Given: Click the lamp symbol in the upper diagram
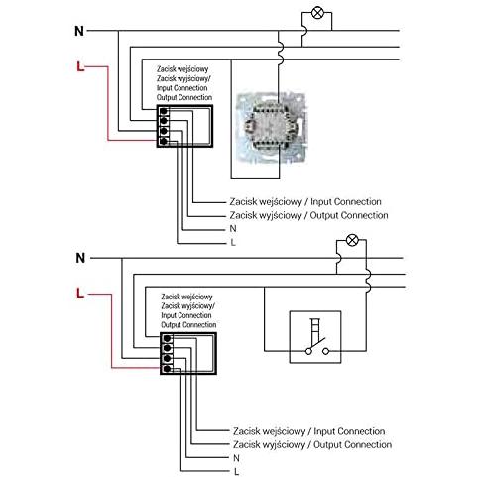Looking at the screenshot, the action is (x=317, y=13).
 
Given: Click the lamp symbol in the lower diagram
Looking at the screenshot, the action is (x=352, y=240).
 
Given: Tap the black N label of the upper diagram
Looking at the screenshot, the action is (x=79, y=31).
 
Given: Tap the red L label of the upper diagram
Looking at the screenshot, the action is (x=80, y=66).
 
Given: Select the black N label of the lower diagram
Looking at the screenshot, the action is (x=80, y=258).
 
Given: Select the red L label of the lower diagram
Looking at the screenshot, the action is (x=80, y=293).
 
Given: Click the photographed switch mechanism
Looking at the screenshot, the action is (x=271, y=127).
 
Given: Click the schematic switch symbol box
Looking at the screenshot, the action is (x=315, y=337).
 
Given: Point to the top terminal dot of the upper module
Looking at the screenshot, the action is (x=163, y=111).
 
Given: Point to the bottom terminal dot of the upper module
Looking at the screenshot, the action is (x=163, y=141).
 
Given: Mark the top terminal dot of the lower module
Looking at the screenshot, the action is (x=167, y=338).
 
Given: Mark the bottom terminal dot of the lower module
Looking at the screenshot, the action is (x=167, y=369).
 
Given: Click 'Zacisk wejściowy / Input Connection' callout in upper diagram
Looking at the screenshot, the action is (x=305, y=202).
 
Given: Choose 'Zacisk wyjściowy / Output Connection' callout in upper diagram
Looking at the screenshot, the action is (x=308, y=215).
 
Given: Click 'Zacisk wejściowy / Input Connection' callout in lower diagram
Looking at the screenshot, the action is (x=308, y=431).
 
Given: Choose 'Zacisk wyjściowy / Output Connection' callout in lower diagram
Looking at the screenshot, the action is (x=312, y=445).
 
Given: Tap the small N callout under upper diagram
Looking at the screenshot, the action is (x=233, y=229).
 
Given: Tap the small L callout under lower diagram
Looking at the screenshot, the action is (x=236, y=472).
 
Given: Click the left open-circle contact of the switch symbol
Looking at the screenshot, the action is (x=308, y=351).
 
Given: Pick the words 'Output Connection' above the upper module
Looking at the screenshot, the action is (x=184, y=98).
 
